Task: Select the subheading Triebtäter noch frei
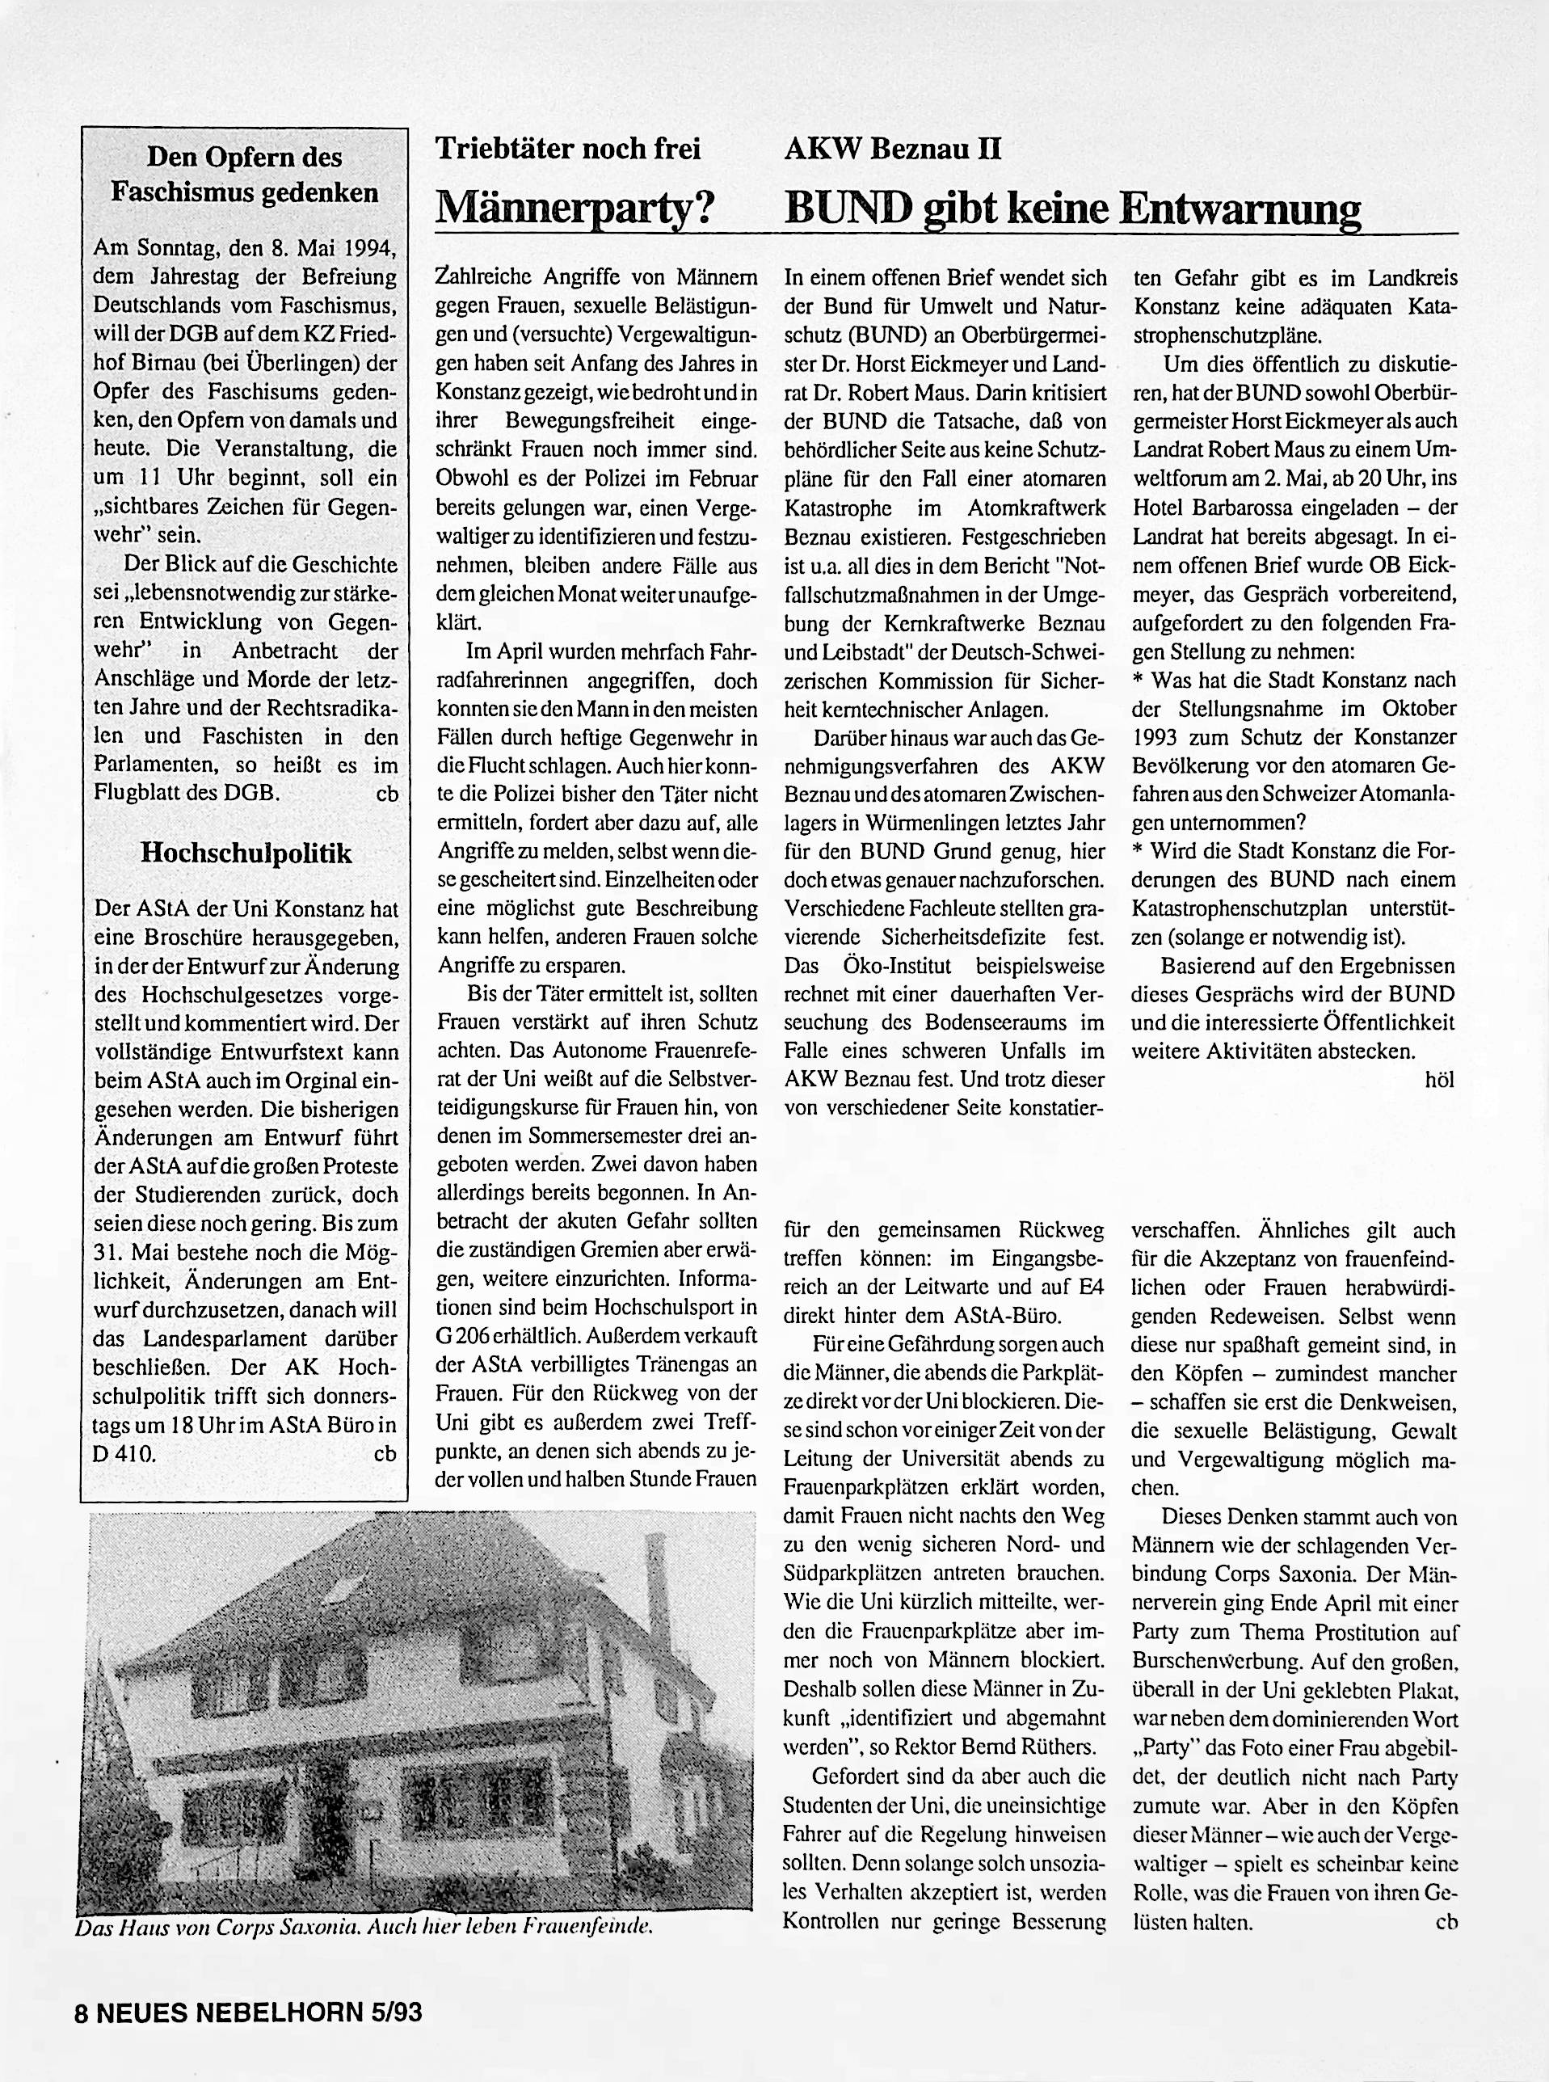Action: point(568,149)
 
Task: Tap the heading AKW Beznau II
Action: point(893,149)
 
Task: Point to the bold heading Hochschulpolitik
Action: point(246,853)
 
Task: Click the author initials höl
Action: point(1438,1080)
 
